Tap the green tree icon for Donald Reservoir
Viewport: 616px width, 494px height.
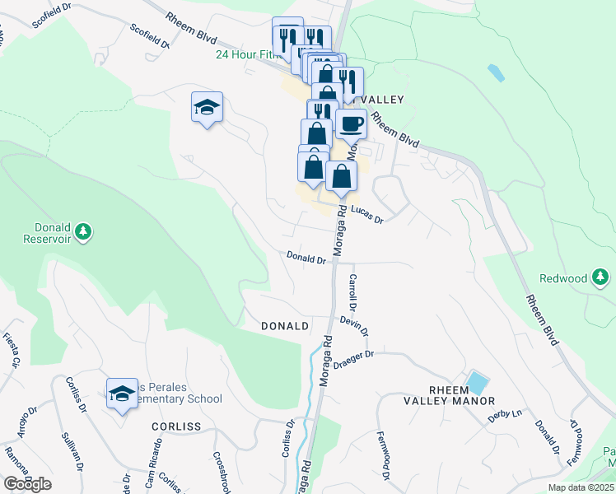(x=82, y=234)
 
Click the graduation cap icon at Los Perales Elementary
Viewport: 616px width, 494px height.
(x=122, y=394)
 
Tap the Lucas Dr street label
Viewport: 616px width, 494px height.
(x=367, y=216)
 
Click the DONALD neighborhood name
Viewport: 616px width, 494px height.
(x=285, y=326)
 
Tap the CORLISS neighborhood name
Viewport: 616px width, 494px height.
(x=176, y=426)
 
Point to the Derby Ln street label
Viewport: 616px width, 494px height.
(x=506, y=417)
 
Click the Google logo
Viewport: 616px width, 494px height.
(x=27, y=483)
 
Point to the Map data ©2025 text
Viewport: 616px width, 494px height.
(x=581, y=488)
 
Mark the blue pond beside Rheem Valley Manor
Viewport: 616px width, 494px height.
(x=476, y=383)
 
